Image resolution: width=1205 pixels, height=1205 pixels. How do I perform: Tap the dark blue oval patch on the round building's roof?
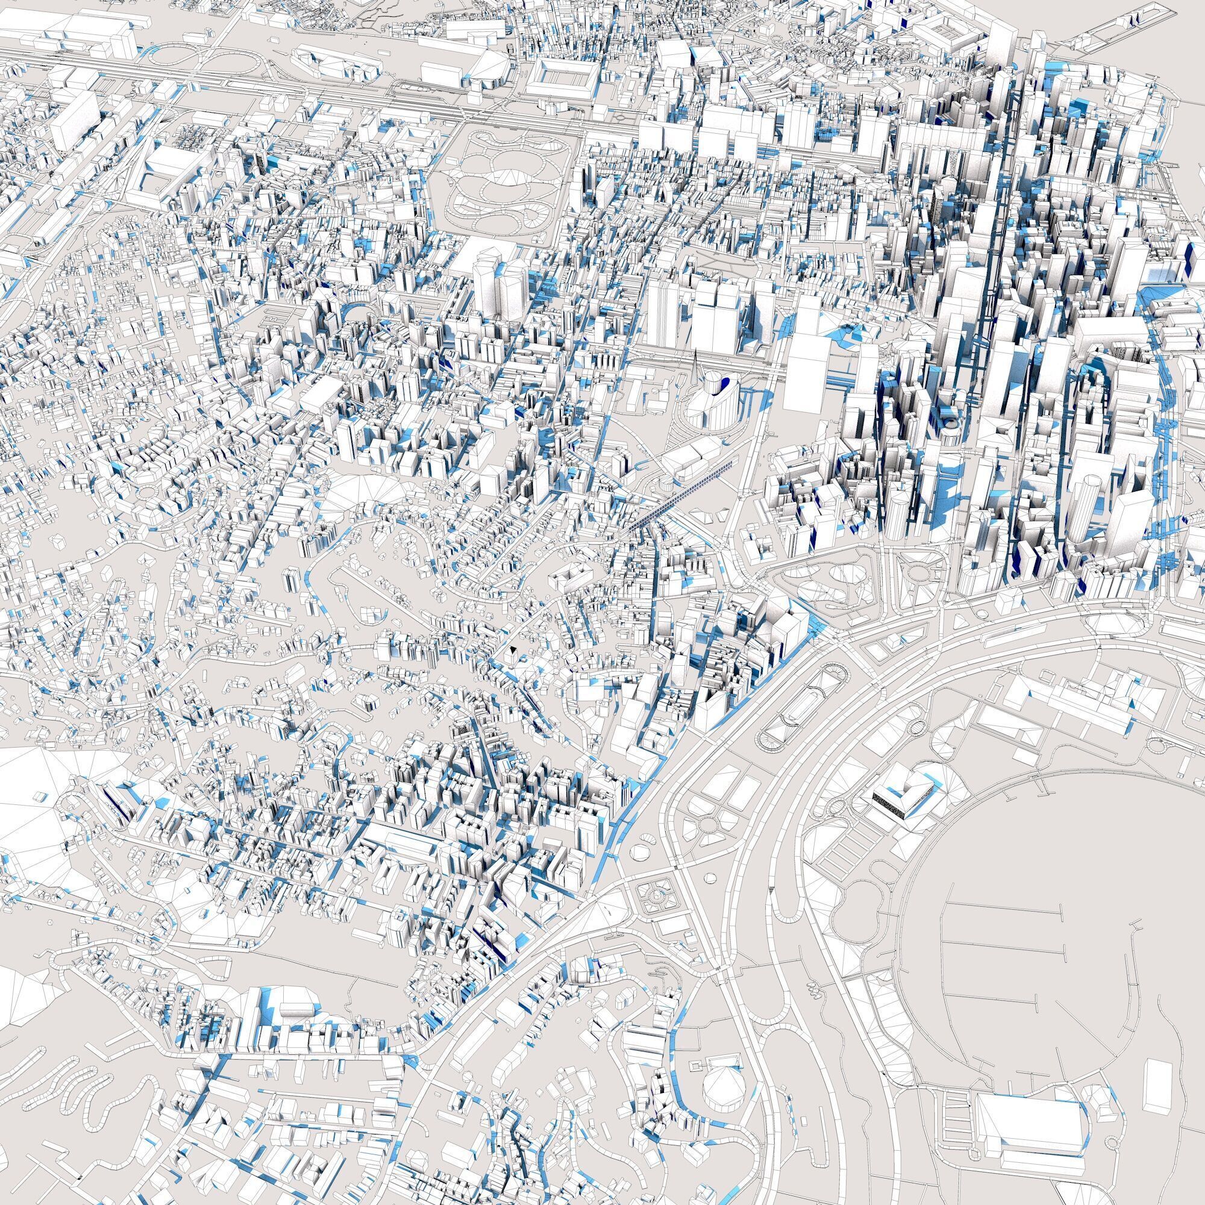pos(725,385)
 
